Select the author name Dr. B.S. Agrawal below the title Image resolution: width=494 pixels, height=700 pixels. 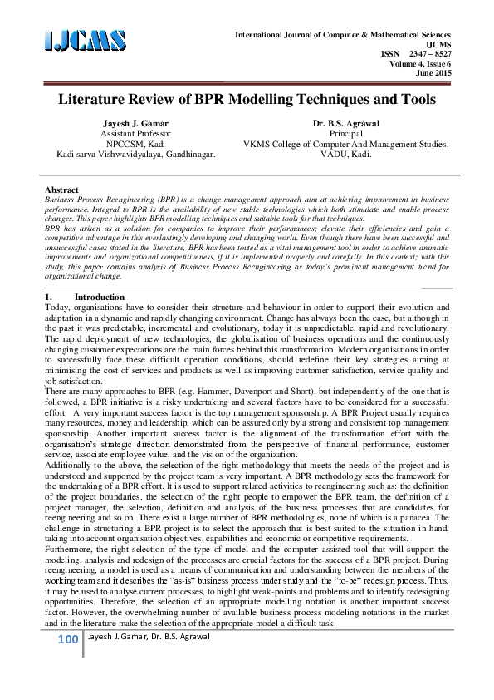(x=346, y=122)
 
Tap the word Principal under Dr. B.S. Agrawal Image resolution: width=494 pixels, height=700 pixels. (x=347, y=133)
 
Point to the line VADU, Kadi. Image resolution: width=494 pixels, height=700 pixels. (x=347, y=154)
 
